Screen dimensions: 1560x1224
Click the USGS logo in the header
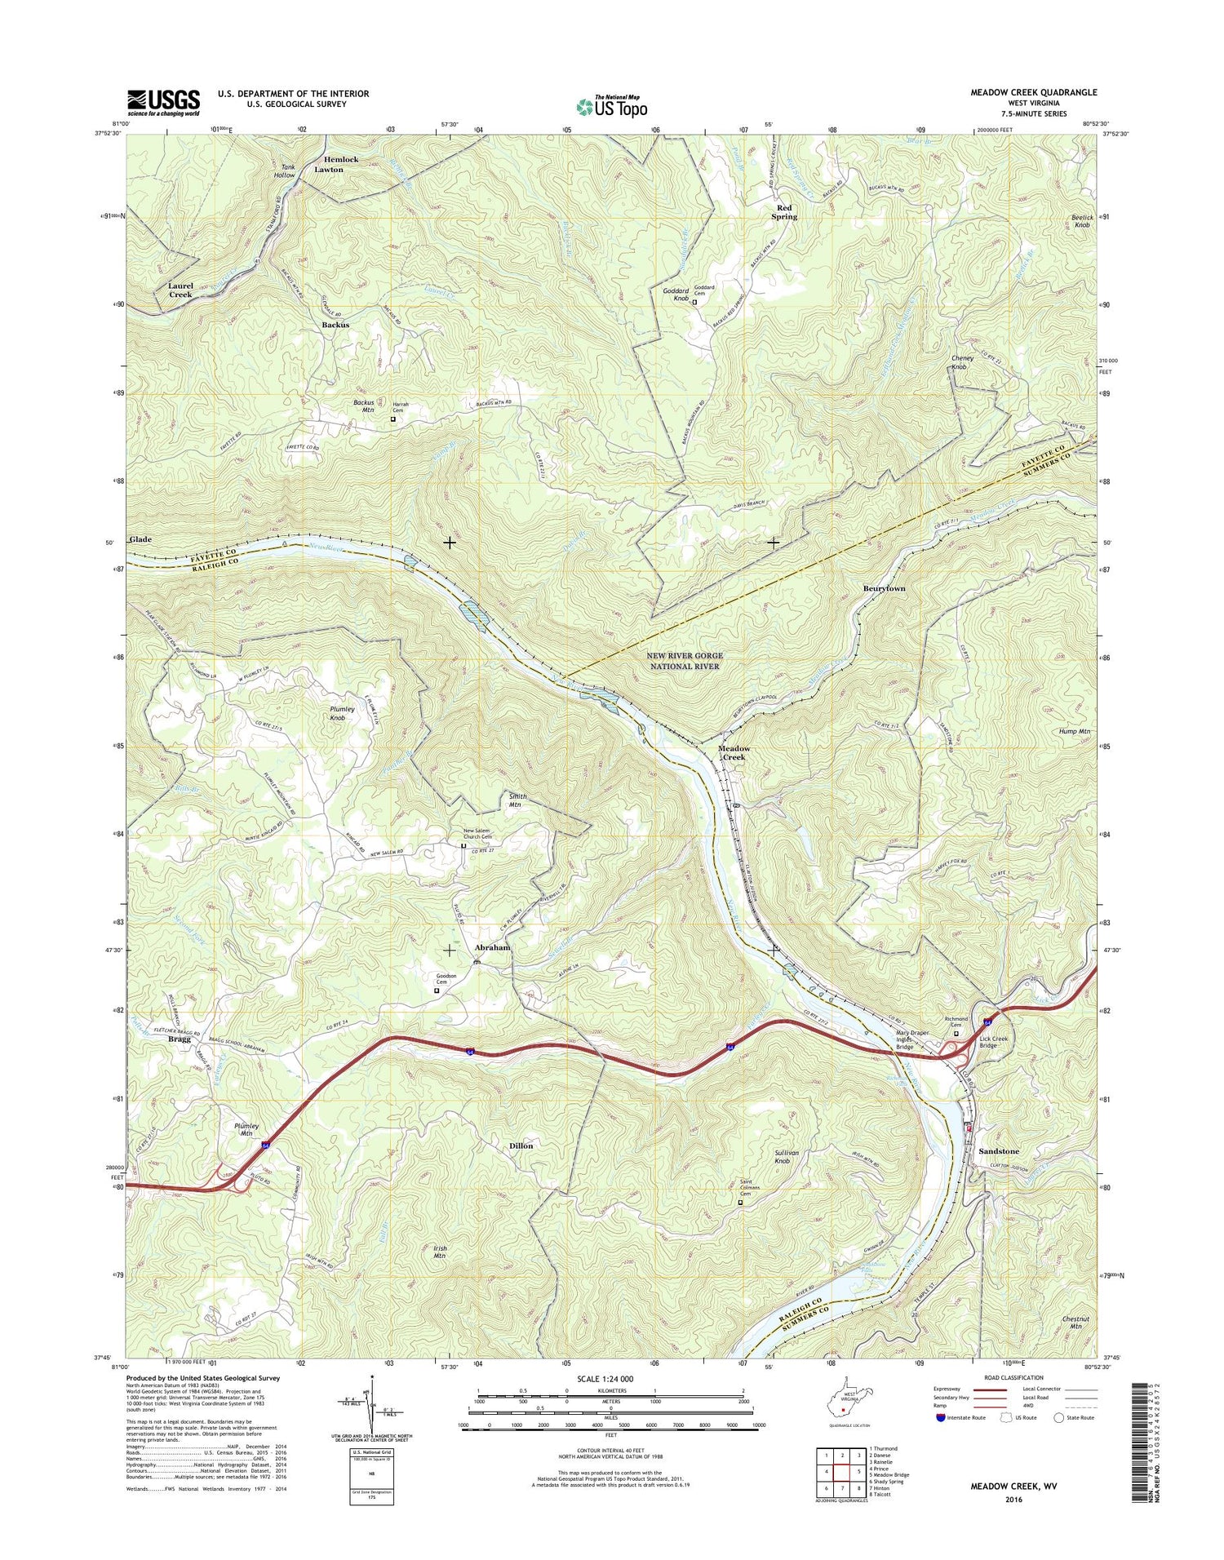(x=163, y=102)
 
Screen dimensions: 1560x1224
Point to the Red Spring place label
(x=785, y=212)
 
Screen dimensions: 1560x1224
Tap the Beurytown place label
(x=885, y=588)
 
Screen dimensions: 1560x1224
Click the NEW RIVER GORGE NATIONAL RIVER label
(x=684, y=661)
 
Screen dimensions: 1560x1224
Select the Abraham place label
(x=493, y=948)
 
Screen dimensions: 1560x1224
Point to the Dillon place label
(x=521, y=1146)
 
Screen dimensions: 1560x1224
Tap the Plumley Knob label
(x=342, y=713)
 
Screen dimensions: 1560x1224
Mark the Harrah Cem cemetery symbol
(x=392, y=419)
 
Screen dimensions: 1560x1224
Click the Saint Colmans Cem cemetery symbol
(x=741, y=1202)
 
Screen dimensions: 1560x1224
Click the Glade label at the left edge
(x=140, y=539)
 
